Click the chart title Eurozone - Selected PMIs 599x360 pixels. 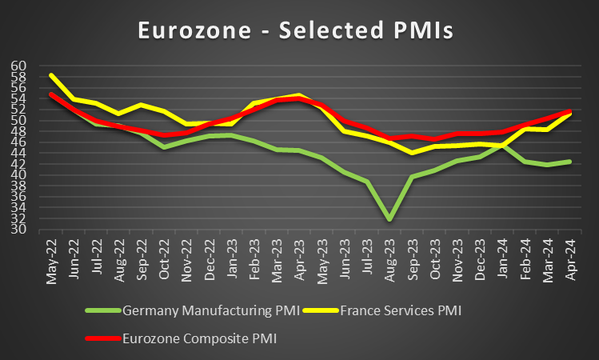[x=295, y=30]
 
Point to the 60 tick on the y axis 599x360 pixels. [x=19, y=66]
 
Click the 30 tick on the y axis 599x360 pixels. [x=19, y=230]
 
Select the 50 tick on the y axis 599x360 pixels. [x=19, y=120]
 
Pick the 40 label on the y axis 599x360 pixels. [x=19, y=175]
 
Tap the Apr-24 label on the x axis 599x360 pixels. [x=570, y=260]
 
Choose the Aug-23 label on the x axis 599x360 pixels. [x=389, y=260]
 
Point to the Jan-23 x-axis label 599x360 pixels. [x=231, y=260]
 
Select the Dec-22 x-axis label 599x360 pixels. [x=208, y=260]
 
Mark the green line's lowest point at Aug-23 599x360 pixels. [x=389, y=219]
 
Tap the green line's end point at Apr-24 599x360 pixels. [x=570, y=162]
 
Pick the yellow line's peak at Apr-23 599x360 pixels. [x=299, y=95]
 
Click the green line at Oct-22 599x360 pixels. [x=163, y=147]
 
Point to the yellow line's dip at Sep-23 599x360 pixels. [x=412, y=153]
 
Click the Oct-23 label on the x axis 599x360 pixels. [x=434, y=260]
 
